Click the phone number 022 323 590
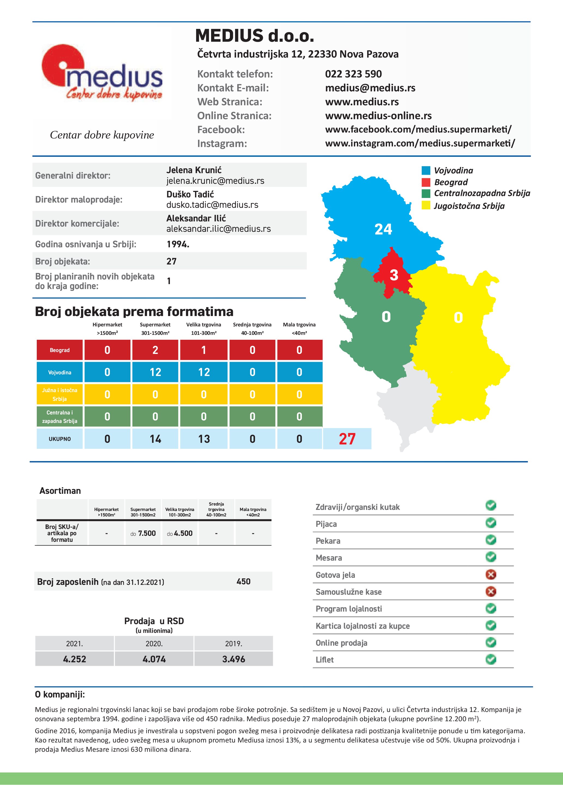(353, 74)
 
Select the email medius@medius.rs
(370, 88)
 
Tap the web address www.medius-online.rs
(378, 116)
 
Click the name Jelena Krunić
(194, 170)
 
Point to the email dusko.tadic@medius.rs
(212, 205)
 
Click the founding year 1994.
(178, 244)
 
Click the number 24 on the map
(383, 229)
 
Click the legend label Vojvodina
(453, 170)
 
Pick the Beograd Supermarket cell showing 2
(155, 350)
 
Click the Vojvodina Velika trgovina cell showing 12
(204, 372)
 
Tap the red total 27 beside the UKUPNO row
(347, 439)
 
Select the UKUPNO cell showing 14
(155, 439)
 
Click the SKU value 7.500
(147, 533)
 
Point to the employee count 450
(243, 581)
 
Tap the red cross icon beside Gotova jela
(491, 575)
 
